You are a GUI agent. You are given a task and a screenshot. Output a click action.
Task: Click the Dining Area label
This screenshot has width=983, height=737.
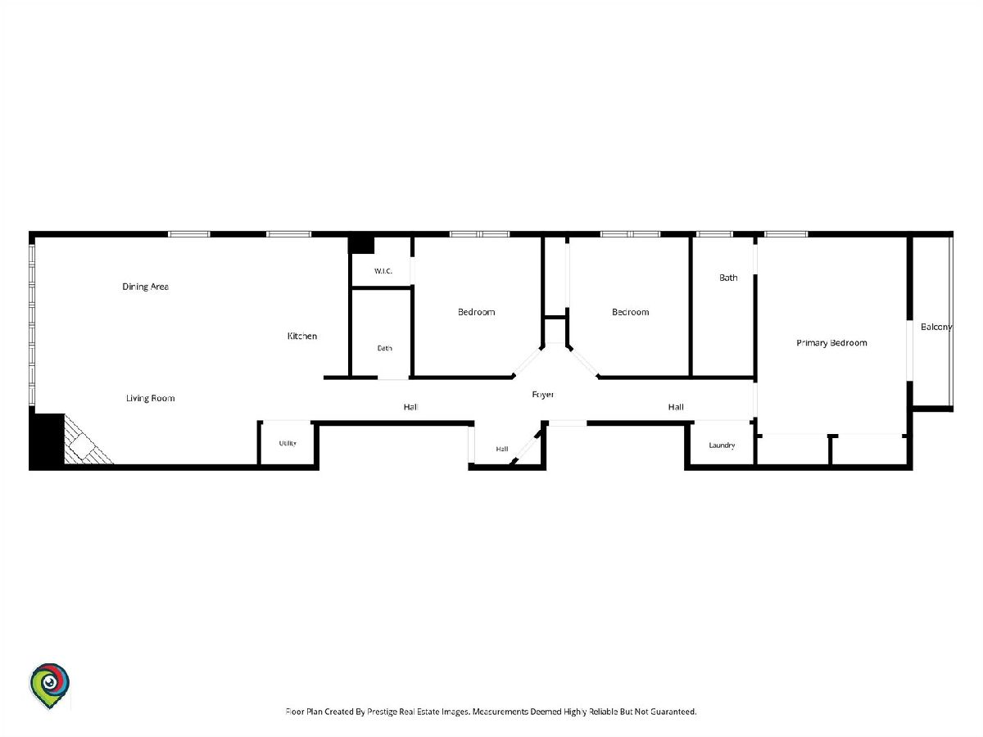point(146,287)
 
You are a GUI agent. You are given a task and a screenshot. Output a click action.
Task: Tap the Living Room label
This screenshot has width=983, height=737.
point(151,398)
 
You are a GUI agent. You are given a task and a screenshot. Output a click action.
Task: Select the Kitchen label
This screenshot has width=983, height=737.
point(302,336)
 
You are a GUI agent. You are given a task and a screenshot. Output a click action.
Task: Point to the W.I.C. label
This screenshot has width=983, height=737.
point(383,271)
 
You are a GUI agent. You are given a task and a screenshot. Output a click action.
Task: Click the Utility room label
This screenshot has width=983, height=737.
point(288,443)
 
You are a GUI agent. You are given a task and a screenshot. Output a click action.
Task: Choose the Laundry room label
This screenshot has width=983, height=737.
point(722,445)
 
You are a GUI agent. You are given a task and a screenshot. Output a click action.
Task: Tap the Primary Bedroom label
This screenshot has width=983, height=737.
point(831,343)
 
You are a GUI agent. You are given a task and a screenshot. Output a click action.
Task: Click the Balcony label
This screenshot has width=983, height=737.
point(936,327)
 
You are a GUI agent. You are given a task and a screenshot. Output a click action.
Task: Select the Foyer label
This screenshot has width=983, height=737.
point(543,394)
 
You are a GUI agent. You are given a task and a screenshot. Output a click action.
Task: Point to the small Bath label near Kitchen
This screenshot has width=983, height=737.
point(385,348)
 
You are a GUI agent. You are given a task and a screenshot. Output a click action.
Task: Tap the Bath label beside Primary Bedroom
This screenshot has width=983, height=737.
point(728,278)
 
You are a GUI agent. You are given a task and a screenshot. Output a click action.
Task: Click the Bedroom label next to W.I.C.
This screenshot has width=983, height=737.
point(477,312)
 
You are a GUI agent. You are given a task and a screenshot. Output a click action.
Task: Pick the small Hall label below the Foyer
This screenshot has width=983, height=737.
point(502,449)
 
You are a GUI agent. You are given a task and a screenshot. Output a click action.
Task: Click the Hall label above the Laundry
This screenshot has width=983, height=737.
point(676,407)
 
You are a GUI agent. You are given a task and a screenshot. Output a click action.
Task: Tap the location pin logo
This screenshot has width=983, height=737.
point(50,685)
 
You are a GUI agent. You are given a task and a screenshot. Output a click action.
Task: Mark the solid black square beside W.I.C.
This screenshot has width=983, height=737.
point(361,244)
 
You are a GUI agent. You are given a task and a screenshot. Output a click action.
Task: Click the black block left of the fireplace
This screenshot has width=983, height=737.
point(47,441)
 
